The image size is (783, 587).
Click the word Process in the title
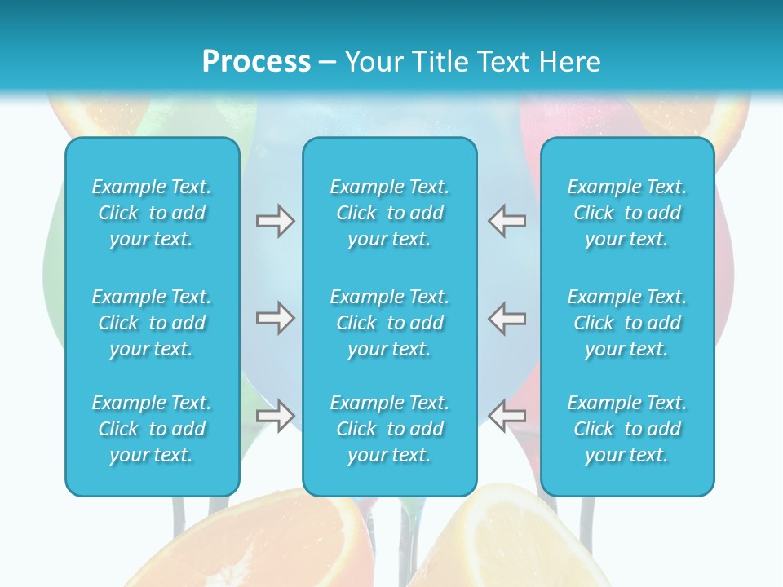(x=256, y=61)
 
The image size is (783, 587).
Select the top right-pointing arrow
(x=275, y=221)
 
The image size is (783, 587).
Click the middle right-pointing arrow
(x=275, y=318)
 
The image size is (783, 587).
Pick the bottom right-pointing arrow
(x=275, y=415)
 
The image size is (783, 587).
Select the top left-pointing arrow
(x=507, y=221)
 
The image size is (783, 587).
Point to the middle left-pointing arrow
(x=507, y=318)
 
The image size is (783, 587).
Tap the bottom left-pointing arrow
(x=507, y=415)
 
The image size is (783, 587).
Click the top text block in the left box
(x=152, y=213)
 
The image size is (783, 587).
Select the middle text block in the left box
(x=152, y=323)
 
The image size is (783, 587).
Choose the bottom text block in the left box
(x=152, y=429)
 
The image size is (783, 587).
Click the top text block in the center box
(x=389, y=213)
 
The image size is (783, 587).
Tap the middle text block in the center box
(x=389, y=323)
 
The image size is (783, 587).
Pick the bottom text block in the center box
(x=389, y=429)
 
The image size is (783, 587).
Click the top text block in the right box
(x=626, y=213)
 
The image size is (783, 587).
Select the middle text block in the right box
(x=626, y=323)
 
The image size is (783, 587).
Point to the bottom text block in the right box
(x=626, y=429)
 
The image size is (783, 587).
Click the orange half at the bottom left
(x=269, y=542)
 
